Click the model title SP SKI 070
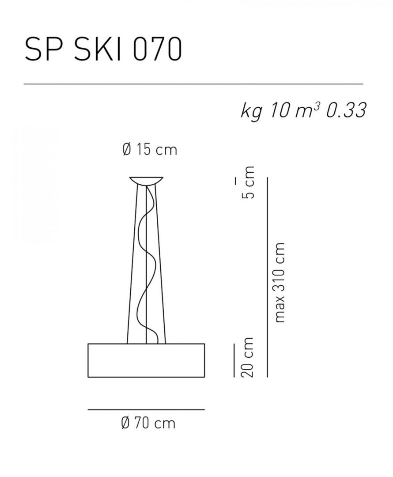(103, 49)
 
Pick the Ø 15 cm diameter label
(150, 150)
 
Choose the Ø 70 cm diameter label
(148, 423)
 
